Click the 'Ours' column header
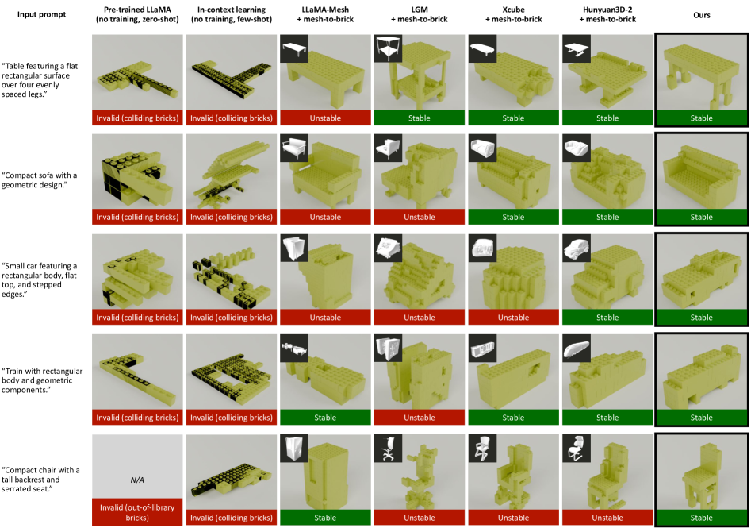(701, 15)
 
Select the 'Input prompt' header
(42, 14)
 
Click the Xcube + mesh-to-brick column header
(513, 14)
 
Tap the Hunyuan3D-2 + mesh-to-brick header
(607, 14)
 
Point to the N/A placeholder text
(137, 480)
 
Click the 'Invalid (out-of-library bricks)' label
(137, 512)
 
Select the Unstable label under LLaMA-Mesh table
(325, 118)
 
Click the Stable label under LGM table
(419, 118)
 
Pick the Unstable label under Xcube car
(513, 318)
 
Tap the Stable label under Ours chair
(701, 518)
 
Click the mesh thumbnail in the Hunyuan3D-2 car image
(577, 248)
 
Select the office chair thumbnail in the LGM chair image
(388, 449)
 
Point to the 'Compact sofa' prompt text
(40, 179)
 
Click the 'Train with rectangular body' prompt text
(42, 380)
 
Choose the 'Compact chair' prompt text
(40, 480)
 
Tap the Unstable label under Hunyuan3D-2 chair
(607, 518)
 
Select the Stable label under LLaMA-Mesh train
(325, 418)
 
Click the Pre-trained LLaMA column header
(137, 14)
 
